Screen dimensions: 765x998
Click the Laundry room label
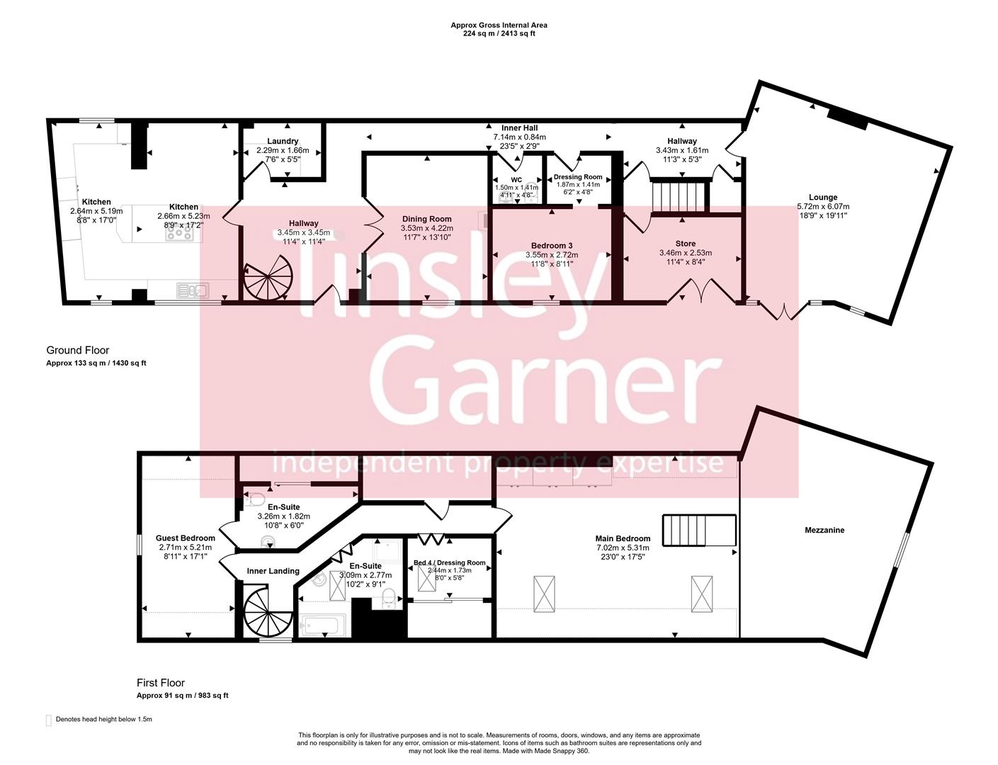tap(283, 141)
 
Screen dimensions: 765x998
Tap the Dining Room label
tap(426, 219)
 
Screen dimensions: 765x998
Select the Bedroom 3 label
tap(551, 246)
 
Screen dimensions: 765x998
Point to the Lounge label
tap(822, 198)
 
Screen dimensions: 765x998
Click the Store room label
tap(685, 244)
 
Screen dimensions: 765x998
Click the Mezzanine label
tap(824, 530)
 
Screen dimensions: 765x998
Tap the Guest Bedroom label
tap(186, 538)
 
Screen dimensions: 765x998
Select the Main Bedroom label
tap(623, 538)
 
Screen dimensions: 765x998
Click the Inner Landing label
tap(273, 571)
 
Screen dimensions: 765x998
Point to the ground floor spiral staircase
tap(268, 279)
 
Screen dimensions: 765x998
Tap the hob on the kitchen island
tap(179, 231)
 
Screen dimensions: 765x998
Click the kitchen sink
tap(192, 289)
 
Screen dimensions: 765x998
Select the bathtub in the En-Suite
tap(323, 625)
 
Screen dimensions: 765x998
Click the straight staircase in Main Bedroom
tap(699, 531)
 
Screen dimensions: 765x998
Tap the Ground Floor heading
tap(78, 350)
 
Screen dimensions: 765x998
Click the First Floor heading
tap(161, 683)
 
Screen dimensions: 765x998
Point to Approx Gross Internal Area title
tap(499, 25)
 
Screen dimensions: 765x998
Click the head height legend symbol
tap(49, 720)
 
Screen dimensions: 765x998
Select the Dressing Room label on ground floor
tap(578, 177)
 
